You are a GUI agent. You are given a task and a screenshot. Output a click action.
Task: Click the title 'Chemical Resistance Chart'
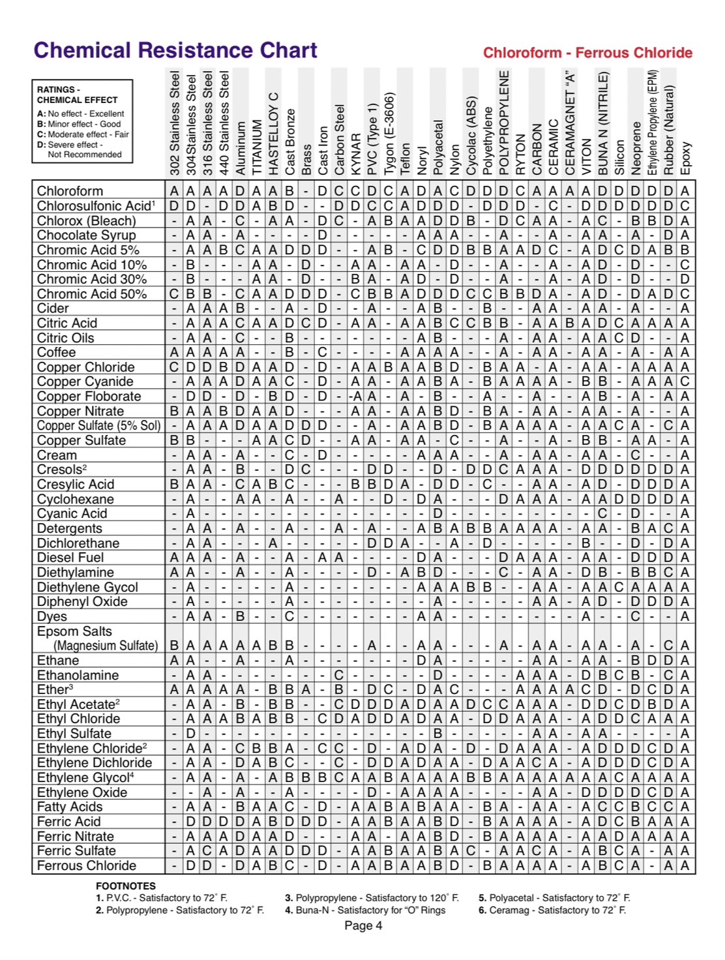[175, 51]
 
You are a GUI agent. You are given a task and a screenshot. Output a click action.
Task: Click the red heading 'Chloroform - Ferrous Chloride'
[587, 53]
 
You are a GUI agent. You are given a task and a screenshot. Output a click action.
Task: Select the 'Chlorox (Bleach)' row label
[86, 220]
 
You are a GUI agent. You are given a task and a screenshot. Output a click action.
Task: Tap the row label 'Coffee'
[56, 352]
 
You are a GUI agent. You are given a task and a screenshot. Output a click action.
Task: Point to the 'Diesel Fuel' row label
[70, 558]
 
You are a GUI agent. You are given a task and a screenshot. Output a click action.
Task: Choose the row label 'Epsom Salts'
[74, 631]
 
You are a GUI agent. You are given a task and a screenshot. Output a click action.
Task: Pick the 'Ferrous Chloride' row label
[87, 865]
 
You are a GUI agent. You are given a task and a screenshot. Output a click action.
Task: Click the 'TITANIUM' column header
[257, 147]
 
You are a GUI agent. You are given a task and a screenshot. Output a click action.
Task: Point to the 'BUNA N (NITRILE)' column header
[603, 123]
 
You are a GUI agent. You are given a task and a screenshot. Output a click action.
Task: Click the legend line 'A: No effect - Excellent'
[81, 113]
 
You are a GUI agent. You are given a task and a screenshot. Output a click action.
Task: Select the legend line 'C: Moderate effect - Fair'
[83, 134]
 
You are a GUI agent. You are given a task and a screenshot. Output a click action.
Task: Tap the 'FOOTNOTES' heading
[126, 886]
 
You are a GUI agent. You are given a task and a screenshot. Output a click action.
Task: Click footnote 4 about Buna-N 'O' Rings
[365, 910]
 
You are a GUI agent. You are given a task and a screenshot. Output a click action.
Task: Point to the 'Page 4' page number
[363, 925]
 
